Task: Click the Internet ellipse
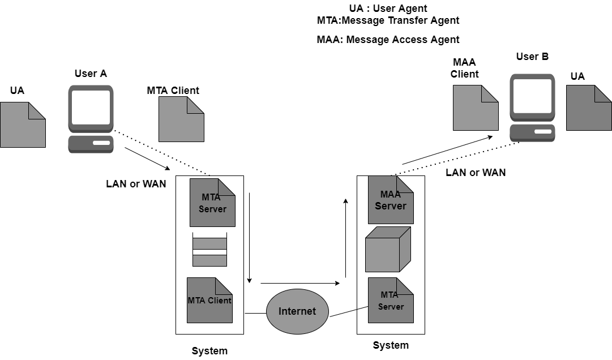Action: pyautogui.click(x=297, y=311)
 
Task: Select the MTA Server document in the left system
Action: pyautogui.click(x=212, y=203)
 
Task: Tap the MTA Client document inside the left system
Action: pyautogui.click(x=209, y=300)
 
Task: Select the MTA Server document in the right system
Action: pyautogui.click(x=391, y=300)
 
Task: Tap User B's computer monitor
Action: pyautogui.click(x=532, y=97)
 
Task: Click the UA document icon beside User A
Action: pyautogui.click(x=23, y=125)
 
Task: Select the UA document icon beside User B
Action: pyautogui.click(x=589, y=108)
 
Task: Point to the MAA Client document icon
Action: pyautogui.click(x=476, y=108)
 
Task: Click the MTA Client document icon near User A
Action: pyautogui.click(x=181, y=119)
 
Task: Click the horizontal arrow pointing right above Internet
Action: pyautogui.click(x=300, y=282)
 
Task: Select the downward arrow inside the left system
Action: pyautogui.click(x=249, y=238)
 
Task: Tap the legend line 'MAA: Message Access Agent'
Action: pyautogui.click(x=388, y=40)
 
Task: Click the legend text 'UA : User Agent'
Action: pyautogui.click(x=388, y=8)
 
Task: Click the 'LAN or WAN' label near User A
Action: pyautogui.click(x=136, y=184)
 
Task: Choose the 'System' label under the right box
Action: pyautogui.click(x=391, y=345)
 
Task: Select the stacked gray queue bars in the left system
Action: pyautogui.click(x=209, y=250)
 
